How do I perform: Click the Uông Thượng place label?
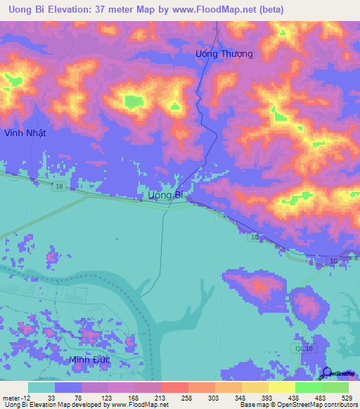coord(224,53)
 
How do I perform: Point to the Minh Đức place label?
coord(90,361)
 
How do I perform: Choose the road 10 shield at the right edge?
coord(333,261)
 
